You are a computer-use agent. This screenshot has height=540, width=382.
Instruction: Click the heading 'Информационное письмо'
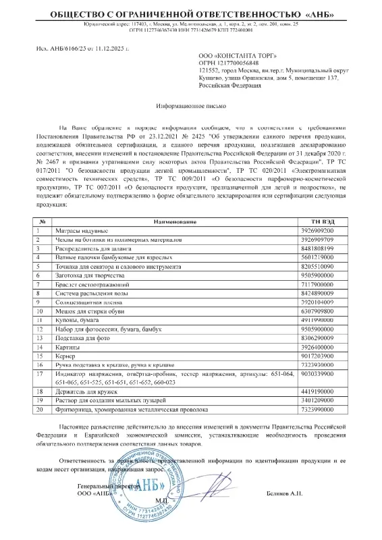pyautogui.click(x=190, y=107)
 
